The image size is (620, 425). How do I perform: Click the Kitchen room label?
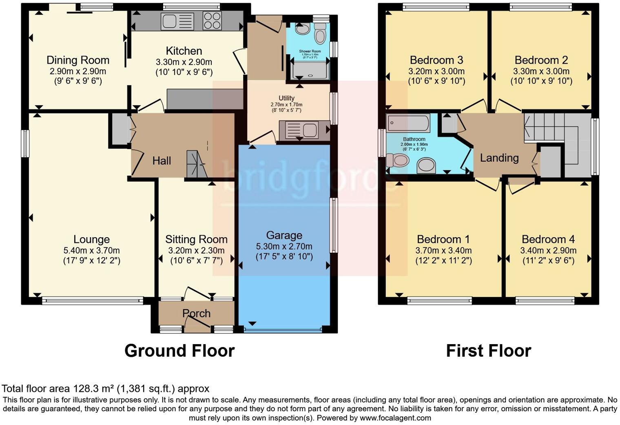(184, 51)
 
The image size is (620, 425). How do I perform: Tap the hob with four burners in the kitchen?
(212, 20)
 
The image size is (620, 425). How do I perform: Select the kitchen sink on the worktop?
(177, 21)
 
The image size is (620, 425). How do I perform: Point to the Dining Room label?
(78, 60)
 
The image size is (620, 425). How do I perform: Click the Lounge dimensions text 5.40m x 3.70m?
(91, 250)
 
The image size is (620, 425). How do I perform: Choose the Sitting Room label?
(196, 239)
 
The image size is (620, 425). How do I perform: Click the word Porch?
(196, 313)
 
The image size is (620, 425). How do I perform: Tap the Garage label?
(284, 235)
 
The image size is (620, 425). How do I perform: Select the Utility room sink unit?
(303, 130)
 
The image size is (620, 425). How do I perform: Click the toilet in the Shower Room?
(320, 35)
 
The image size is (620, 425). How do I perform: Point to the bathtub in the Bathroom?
(408, 123)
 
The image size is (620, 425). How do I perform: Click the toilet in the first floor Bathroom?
(397, 160)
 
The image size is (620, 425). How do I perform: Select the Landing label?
(499, 158)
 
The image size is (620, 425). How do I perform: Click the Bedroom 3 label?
(436, 60)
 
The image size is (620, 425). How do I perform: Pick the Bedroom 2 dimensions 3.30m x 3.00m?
(541, 71)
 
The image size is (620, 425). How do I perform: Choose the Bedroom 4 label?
(548, 239)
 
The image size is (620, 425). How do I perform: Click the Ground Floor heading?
(179, 351)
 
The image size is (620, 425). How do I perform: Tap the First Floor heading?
(488, 351)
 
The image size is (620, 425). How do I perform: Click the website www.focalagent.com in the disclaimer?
(395, 418)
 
